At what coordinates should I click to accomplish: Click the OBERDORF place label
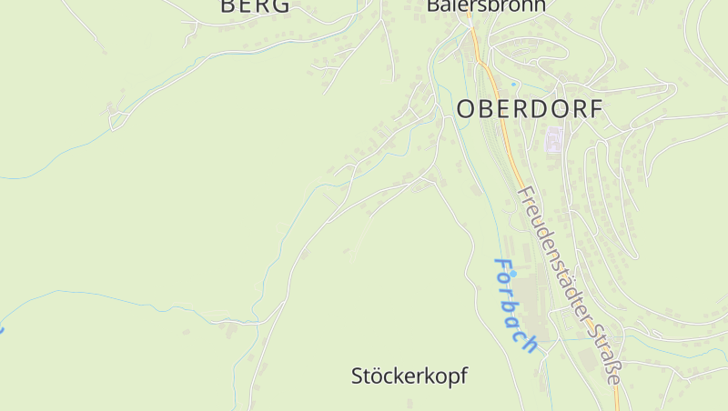pyautogui.click(x=529, y=109)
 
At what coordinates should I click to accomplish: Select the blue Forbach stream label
pyautogui.click(x=515, y=306)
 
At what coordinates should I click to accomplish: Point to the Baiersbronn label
pyautogui.click(x=486, y=5)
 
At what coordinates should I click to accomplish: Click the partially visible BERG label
pyautogui.click(x=255, y=5)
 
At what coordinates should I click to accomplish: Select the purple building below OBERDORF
pyautogui.click(x=553, y=140)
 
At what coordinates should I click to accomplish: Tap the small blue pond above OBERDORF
pyautogui.click(x=513, y=85)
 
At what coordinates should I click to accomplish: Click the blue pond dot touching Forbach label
pyautogui.click(x=512, y=273)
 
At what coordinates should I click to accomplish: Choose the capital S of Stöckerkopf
pyautogui.click(x=358, y=376)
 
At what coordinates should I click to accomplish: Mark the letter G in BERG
pyautogui.click(x=280, y=5)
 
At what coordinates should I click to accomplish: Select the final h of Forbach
pyautogui.click(x=531, y=343)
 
